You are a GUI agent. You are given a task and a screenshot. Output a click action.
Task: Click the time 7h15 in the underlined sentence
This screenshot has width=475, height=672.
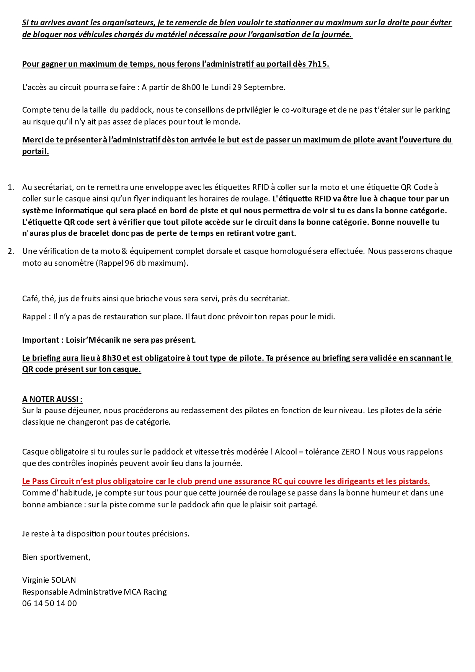(x=318, y=64)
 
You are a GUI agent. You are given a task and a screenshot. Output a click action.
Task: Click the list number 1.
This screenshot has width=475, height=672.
(x=11, y=187)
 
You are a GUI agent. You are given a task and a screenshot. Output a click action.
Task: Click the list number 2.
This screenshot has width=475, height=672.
(x=11, y=251)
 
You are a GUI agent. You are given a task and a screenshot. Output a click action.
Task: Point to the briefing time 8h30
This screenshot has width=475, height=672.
(x=111, y=358)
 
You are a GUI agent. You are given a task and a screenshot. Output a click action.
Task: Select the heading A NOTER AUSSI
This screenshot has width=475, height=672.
(x=52, y=399)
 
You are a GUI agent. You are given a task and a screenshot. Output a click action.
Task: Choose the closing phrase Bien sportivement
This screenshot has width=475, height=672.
(x=56, y=557)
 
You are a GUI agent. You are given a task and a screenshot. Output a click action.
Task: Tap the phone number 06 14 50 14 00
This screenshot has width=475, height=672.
(x=49, y=603)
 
